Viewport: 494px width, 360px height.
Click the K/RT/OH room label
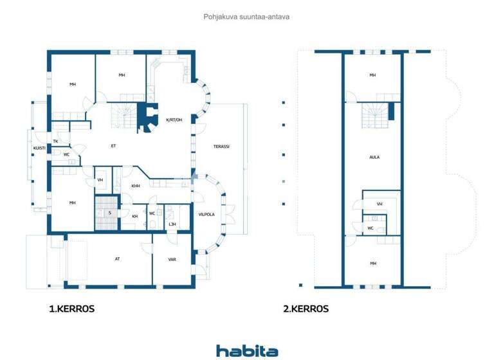point(174,120)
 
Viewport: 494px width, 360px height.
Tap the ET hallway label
point(113,146)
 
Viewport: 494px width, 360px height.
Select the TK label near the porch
point(56,141)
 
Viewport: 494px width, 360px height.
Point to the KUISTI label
point(39,148)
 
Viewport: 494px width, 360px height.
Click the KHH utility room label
point(136,186)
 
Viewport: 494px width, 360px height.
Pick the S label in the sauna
point(110,212)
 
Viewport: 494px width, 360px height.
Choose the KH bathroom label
point(134,216)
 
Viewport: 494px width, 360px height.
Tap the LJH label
point(172,224)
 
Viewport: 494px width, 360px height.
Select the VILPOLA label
point(206,214)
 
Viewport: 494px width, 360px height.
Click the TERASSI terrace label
point(221,147)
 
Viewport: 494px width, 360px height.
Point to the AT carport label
point(117,259)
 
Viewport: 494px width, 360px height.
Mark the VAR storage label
point(172,260)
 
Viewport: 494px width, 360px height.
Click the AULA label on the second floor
point(374,157)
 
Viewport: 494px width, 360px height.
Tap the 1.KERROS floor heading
point(72,309)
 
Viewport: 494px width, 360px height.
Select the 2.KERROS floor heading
point(306,309)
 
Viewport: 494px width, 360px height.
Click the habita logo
point(247,351)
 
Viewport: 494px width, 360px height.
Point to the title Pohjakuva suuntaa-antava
point(246,17)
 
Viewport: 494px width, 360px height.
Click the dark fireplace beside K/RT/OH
point(149,118)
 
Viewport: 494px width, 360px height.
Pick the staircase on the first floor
point(123,116)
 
